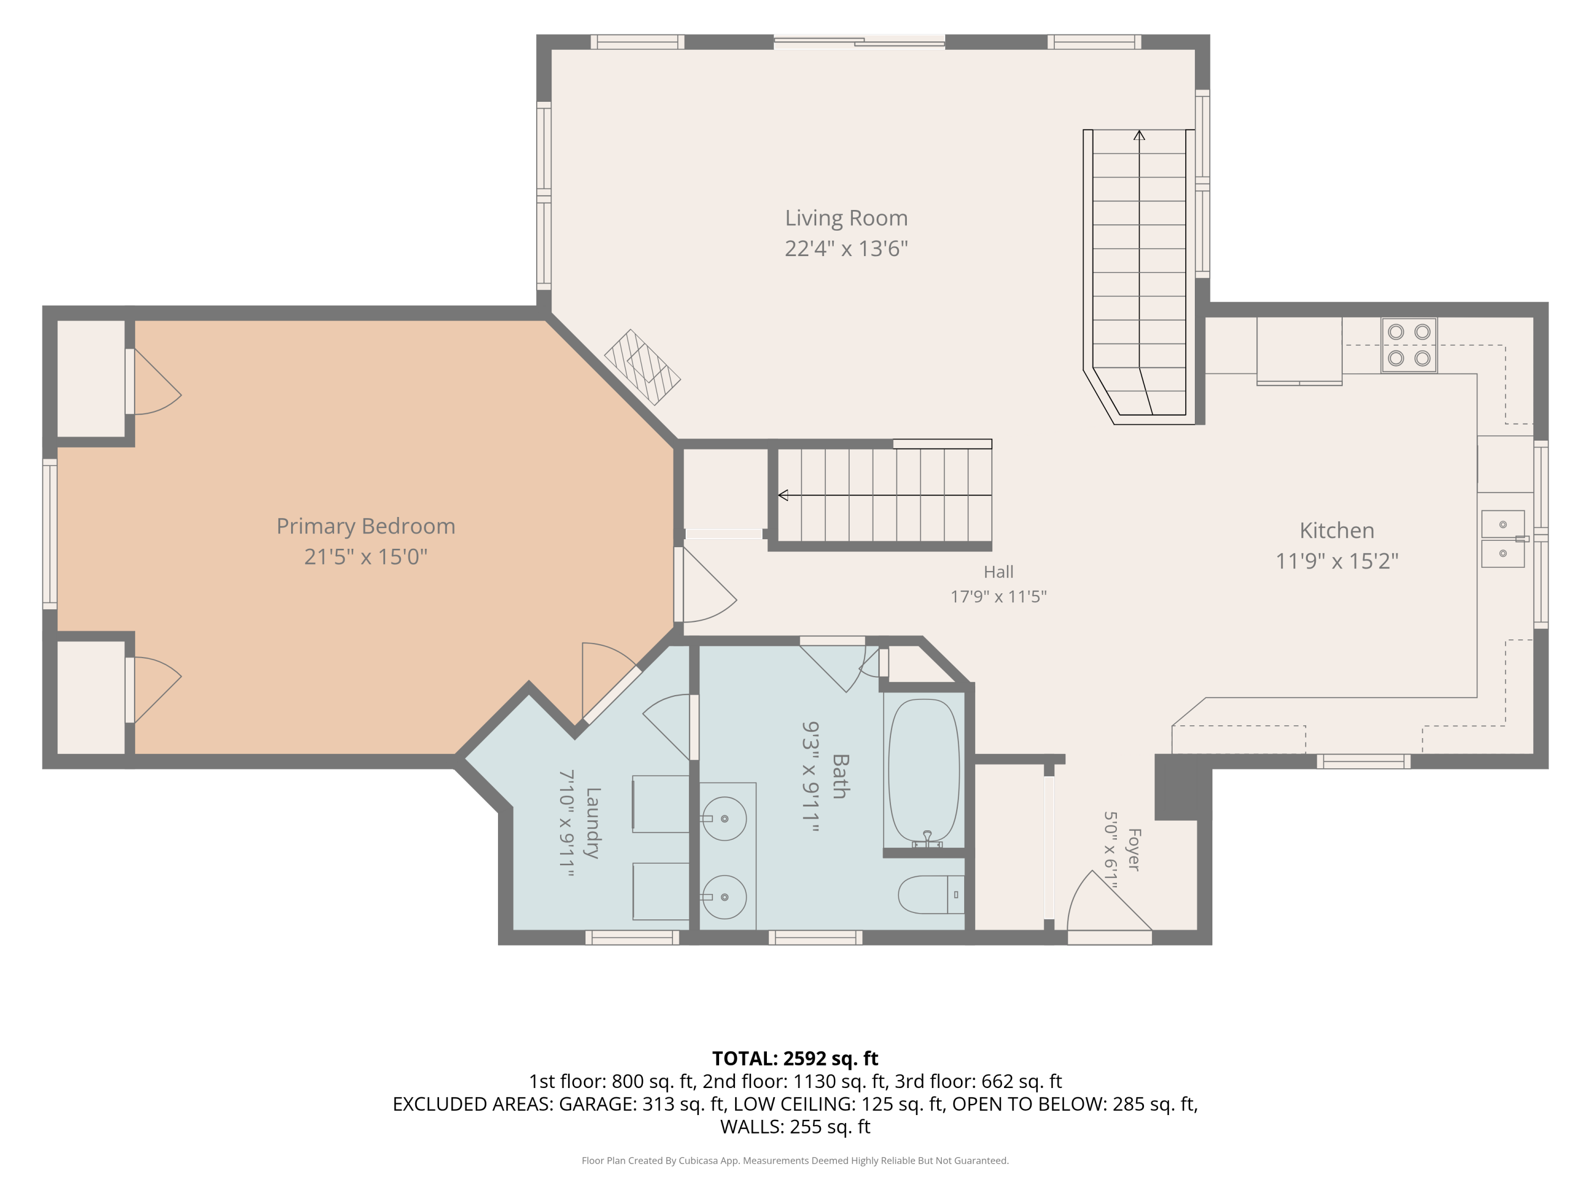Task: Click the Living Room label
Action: (x=846, y=218)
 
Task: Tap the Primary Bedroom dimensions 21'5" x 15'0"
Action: (x=365, y=557)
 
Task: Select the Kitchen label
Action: (x=1336, y=531)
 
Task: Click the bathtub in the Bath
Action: (x=924, y=773)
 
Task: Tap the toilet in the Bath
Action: (x=931, y=894)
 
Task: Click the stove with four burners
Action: (x=1409, y=345)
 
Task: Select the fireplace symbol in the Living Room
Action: (x=642, y=367)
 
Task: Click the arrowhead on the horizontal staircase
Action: (x=784, y=495)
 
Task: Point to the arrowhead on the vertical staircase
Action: (x=1139, y=135)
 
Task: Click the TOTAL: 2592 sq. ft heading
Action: (x=795, y=1058)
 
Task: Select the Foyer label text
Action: (x=1133, y=849)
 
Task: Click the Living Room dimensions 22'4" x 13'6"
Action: (x=846, y=248)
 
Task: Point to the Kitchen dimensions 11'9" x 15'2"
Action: (x=1336, y=561)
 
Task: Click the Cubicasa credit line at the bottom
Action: (x=795, y=1160)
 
